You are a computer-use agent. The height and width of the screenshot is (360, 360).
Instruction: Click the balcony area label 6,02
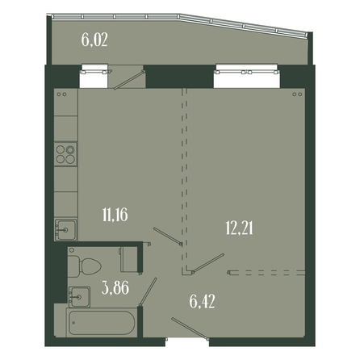pos(94,40)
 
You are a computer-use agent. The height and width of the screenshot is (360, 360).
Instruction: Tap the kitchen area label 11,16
pos(115,215)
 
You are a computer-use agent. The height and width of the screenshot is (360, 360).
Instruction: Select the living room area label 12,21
pos(239,229)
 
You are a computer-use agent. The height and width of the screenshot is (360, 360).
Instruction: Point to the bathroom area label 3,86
pos(115,287)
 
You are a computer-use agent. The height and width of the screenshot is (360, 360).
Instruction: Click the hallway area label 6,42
pos(202,302)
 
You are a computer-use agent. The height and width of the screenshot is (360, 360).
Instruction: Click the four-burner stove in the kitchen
pos(65,153)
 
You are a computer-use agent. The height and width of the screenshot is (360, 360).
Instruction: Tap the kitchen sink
pos(66,229)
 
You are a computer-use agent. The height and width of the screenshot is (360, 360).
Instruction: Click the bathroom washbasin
pos(79,297)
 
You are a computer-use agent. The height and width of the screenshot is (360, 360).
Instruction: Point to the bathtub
pos(102,322)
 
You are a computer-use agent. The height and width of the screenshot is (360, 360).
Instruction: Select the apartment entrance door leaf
pos(190,329)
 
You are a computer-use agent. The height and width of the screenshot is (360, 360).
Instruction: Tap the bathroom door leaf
pos(148,292)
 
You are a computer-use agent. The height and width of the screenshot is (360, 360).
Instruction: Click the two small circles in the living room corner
pos(297,94)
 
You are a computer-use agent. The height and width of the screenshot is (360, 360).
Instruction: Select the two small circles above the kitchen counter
pos(61,94)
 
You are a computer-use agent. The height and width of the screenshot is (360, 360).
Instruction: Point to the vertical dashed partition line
pos(184,179)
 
